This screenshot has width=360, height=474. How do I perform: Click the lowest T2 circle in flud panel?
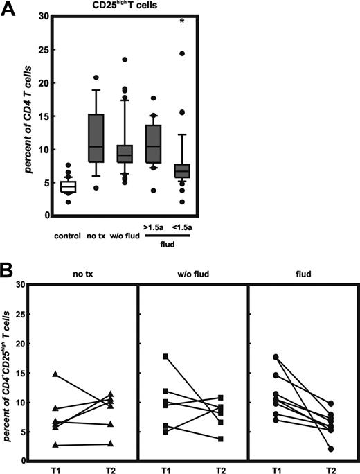coord(312,449)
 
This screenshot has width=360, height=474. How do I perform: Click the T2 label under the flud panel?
coord(312,468)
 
